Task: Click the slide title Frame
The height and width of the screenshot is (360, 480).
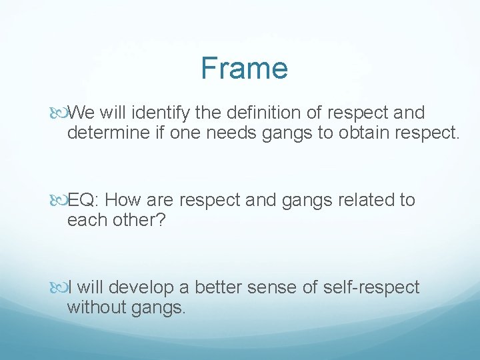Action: point(244,68)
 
